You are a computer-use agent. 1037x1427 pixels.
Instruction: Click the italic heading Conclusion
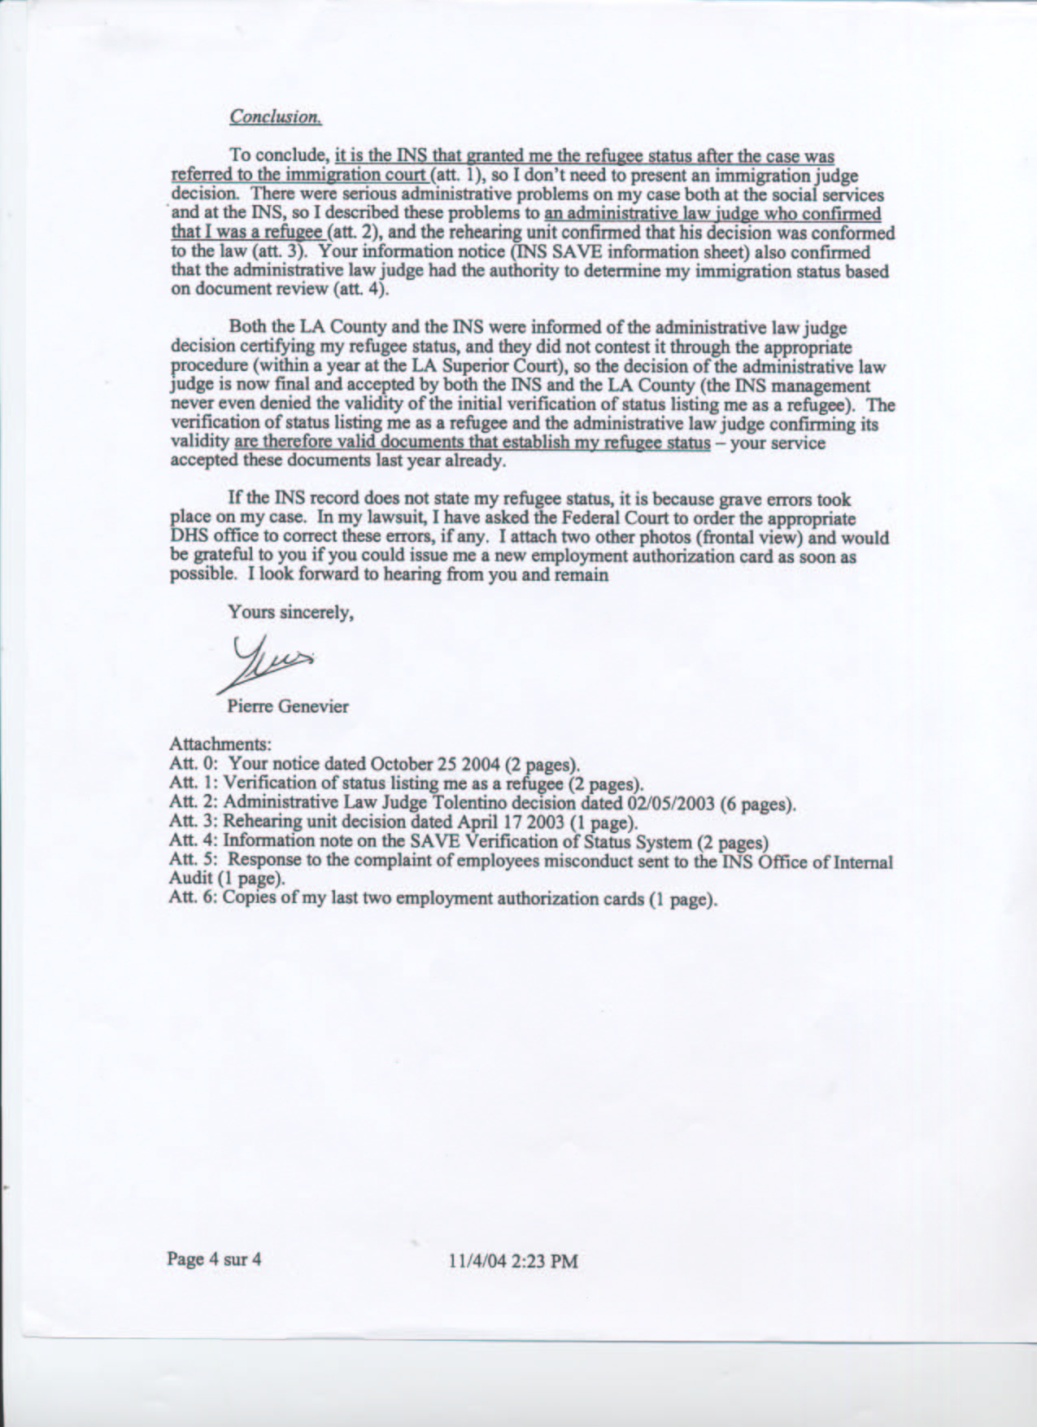click(x=275, y=116)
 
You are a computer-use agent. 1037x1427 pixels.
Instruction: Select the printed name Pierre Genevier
click(x=288, y=706)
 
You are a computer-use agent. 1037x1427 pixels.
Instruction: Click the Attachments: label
click(x=220, y=744)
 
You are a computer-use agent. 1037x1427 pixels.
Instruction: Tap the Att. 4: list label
click(x=194, y=840)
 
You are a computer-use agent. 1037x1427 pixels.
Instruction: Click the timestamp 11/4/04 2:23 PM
click(x=512, y=1261)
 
